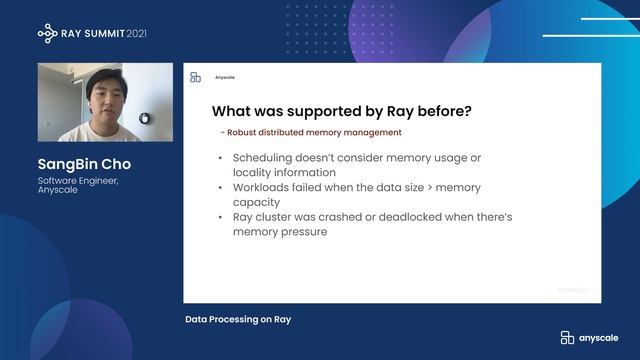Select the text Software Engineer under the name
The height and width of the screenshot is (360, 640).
79,181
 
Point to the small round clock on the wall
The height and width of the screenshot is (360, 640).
145,118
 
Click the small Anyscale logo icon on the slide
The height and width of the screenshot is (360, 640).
196,77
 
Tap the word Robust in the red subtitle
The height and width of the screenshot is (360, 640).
242,132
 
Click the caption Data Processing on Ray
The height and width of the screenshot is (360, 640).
238,320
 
